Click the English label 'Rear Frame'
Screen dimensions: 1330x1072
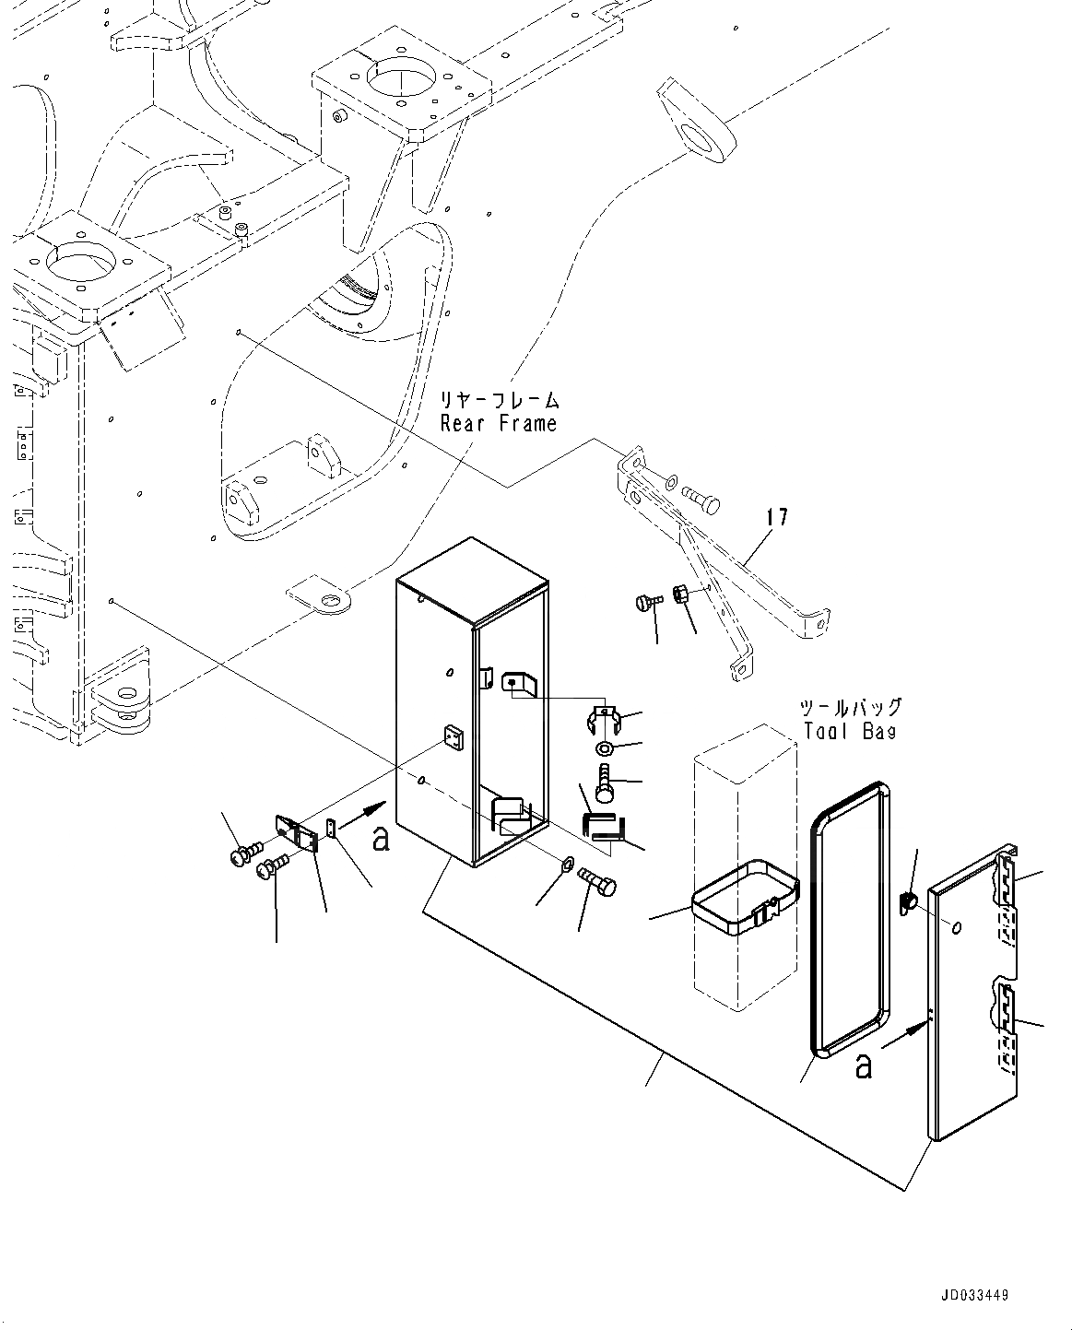(498, 424)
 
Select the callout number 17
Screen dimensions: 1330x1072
(777, 517)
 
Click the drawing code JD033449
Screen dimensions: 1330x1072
(974, 1295)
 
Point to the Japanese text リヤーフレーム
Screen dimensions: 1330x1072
(499, 400)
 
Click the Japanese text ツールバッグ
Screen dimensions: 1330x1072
(850, 708)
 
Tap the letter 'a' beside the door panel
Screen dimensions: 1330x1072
(863, 1065)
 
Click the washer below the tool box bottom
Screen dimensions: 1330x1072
(568, 864)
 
